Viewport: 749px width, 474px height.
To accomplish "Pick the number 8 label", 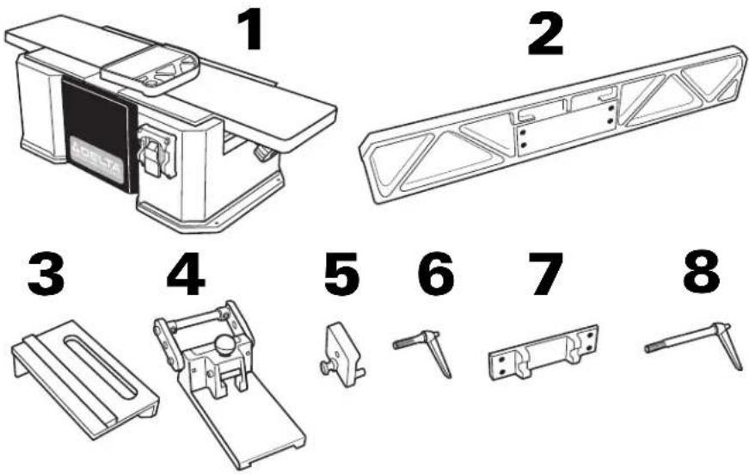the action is click(702, 273).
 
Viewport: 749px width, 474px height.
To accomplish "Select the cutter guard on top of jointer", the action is click(150, 67).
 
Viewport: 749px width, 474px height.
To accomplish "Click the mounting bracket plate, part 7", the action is click(543, 354).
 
